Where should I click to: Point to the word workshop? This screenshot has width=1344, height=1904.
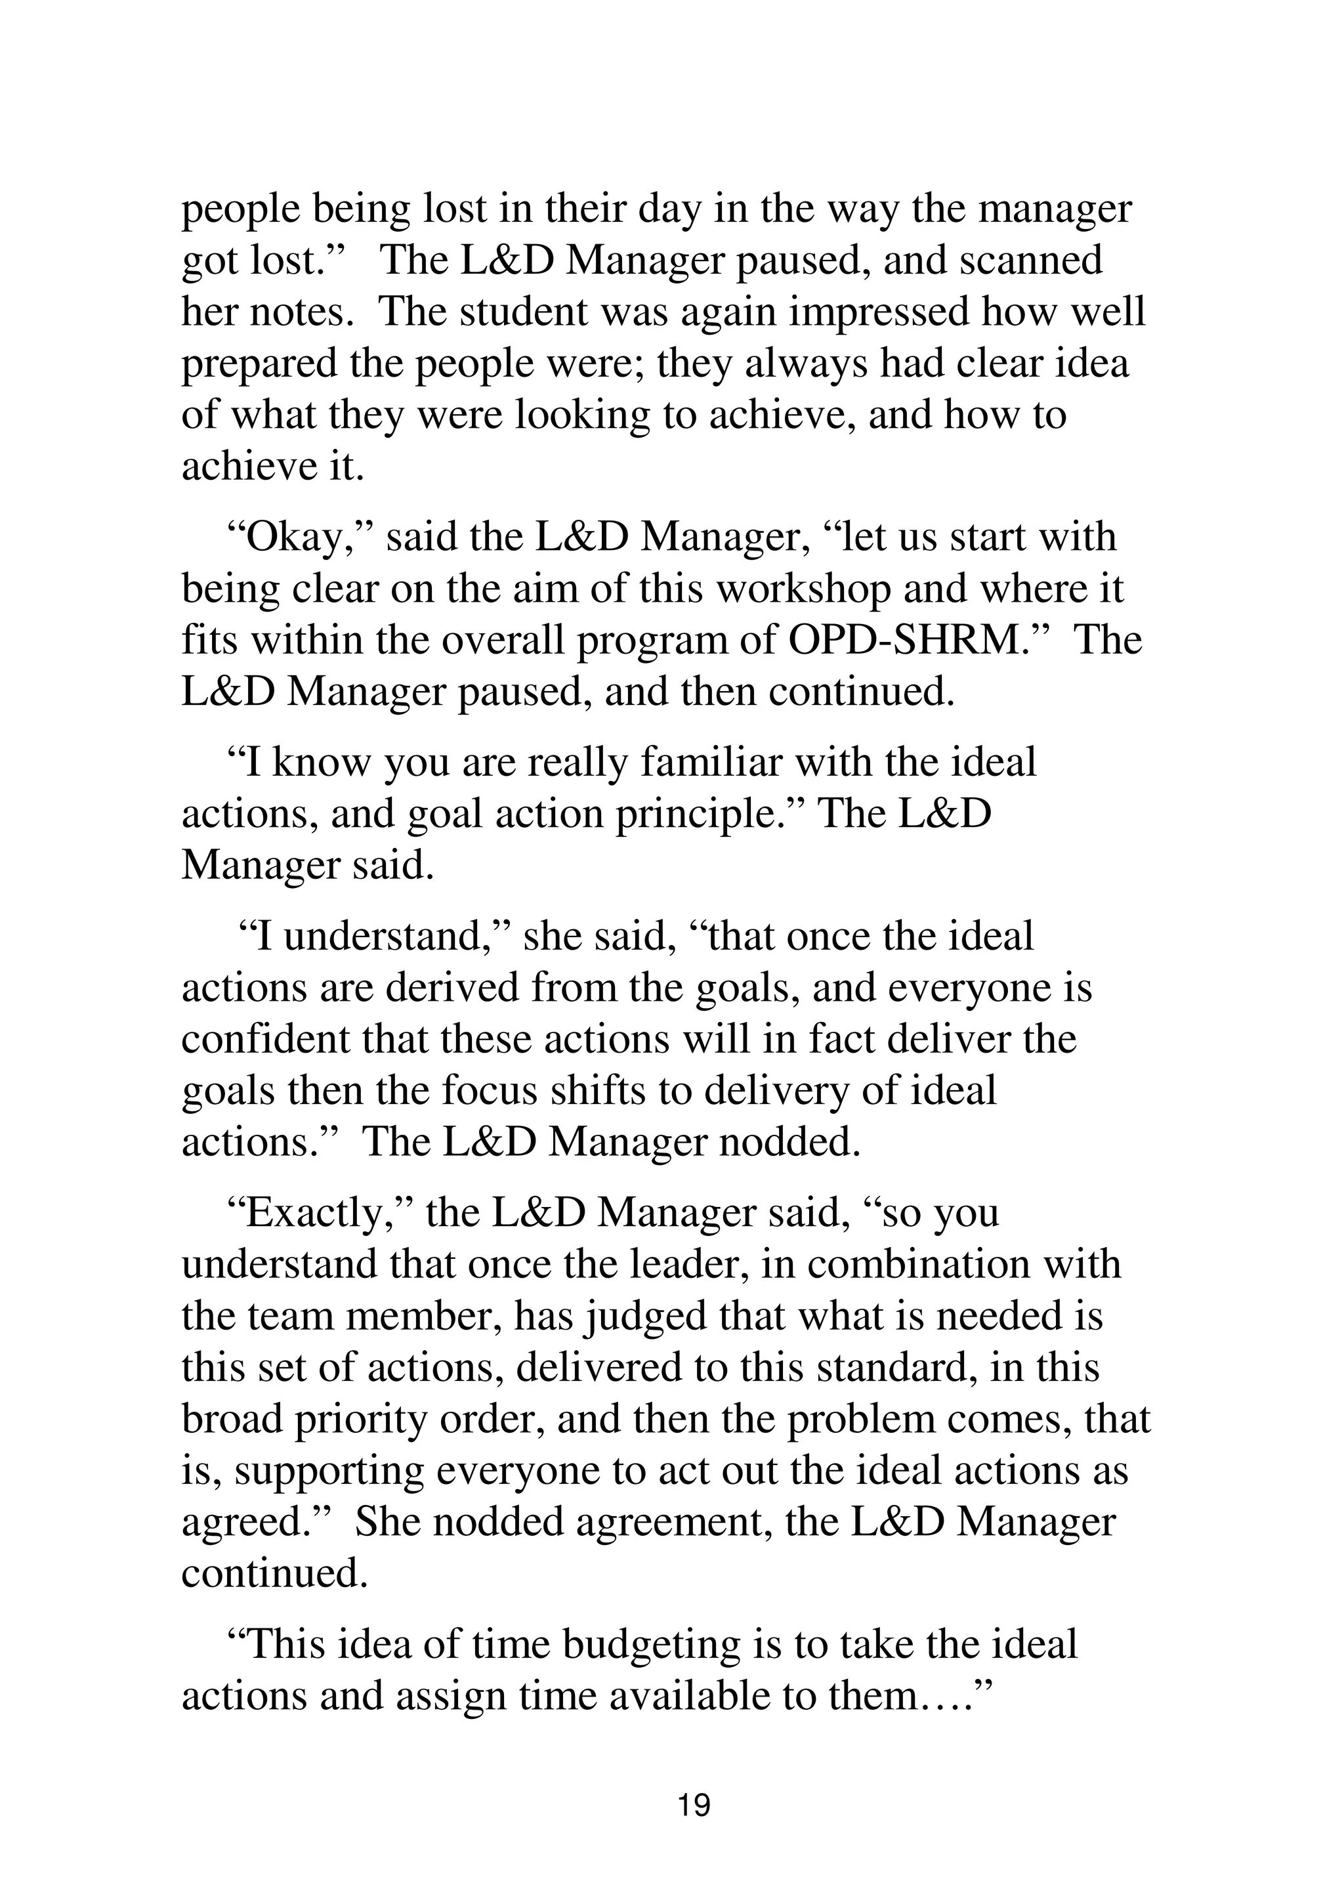(803, 589)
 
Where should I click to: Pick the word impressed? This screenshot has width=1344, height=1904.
(879, 312)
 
